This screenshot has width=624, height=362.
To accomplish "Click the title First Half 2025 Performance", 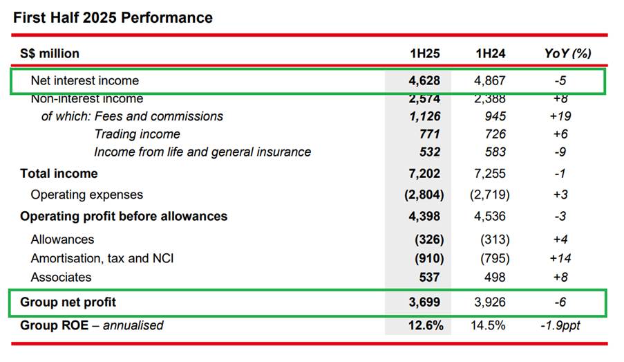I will (113, 17).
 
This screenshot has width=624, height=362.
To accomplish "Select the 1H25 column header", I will (424, 53).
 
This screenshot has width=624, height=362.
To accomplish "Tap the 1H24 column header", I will (491, 53).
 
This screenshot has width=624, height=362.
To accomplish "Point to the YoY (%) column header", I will (567, 53).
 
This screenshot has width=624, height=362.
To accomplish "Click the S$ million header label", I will (50, 53).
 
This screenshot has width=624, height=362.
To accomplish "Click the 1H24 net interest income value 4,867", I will (491, 81).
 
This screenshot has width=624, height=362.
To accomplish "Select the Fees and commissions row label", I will (158, 116).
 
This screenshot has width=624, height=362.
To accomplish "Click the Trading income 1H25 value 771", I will (428, 134).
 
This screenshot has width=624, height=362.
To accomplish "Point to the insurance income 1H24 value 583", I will (495, 152).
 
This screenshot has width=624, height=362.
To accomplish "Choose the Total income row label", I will (59, 174).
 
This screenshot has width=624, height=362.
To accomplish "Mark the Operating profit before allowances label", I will (124, 217).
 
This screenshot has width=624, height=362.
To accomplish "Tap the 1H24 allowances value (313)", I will (494, 239).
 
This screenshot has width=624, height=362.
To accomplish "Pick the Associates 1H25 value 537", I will (428, 277).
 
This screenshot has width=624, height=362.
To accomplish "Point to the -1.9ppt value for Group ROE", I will (561, 325).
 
